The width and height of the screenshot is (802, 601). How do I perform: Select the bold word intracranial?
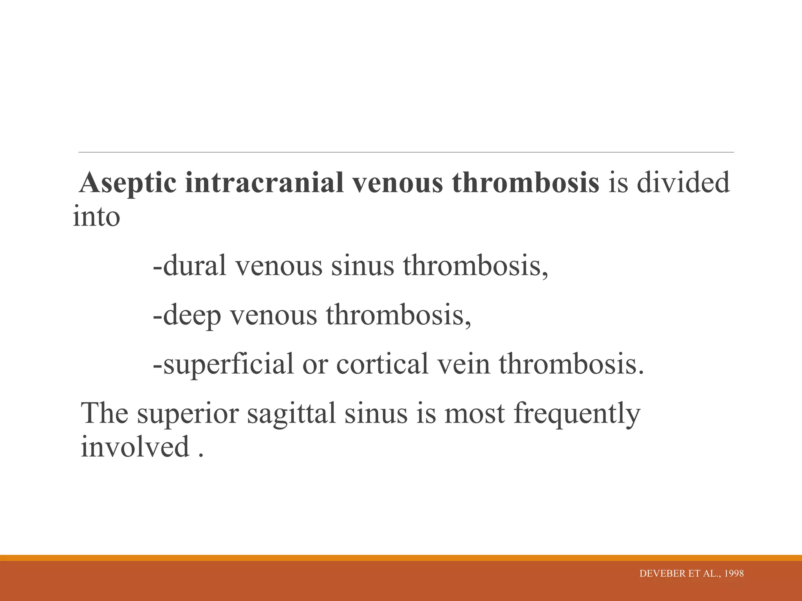click(264, 183)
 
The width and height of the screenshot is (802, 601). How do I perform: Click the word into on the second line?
click(96, 216)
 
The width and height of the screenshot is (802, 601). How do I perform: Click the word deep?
click(192, 315)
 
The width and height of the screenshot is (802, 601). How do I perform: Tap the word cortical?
click(382, 364)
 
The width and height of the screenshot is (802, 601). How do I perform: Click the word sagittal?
click(291, 414)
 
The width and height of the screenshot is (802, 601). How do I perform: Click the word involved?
click(135, 447)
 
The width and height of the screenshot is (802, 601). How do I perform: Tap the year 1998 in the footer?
click(734, 574)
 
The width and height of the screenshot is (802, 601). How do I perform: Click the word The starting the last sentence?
click(105, 414)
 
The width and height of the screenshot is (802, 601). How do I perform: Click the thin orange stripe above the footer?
click(401, 558)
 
